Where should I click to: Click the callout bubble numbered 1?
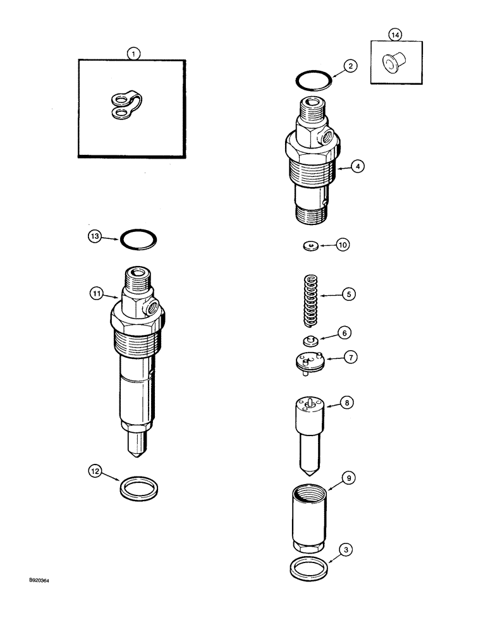coord(132,54)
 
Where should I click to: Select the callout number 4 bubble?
coord(358,167)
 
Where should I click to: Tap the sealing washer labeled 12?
coord(139,489)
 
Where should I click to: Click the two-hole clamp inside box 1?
coord(125,105)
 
